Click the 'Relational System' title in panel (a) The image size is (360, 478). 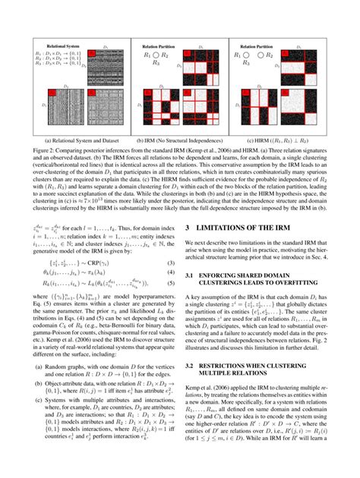(x=60, y=46)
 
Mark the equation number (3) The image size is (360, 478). (x=172, y=263)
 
